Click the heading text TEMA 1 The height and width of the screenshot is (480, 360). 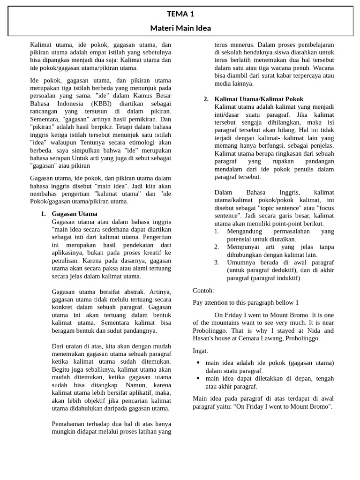(x=180, y=14)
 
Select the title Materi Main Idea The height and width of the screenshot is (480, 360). (x=180, y=28)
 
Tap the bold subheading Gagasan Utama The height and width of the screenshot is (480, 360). (x=75, y=214)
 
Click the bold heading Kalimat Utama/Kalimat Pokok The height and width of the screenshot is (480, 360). (x=259, y=99)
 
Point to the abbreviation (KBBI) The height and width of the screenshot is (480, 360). (x=105, y=104)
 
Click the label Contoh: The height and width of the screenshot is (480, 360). (x=203, y=291)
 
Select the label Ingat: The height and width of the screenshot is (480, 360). (x=201, y=351)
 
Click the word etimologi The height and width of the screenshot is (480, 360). (x=141, y=142)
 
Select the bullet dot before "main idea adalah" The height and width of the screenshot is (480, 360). (x=198, y=363)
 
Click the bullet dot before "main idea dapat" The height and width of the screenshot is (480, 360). (x=198, y=378)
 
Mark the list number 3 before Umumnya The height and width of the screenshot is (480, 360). (x=217, y=262)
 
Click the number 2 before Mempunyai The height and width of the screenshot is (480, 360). (x=217, y=247)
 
